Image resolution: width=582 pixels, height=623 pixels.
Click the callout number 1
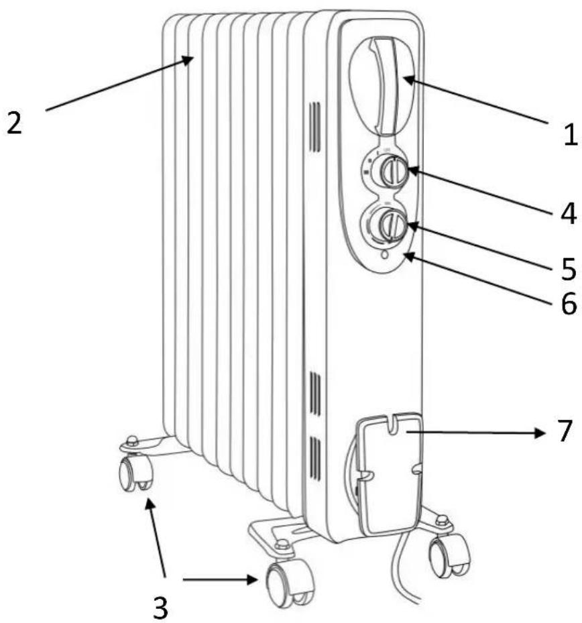[x=571, y=134]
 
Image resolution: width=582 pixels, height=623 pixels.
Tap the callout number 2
[x=14, y=123]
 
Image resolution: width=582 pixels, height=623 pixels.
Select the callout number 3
[x=160, y=607]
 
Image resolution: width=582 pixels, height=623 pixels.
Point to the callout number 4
[x=568, y=213]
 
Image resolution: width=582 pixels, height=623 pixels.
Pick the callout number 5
[x=569, y=269]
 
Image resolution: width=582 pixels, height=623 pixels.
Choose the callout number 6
[x=569, y=304]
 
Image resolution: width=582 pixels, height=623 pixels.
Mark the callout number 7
[x=565, y=431]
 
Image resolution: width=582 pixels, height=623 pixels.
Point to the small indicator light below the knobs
[x=384, y=254]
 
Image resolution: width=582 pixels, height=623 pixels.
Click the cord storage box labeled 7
[x=388, y=473]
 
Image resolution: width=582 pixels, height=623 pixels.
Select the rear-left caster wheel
[x=134, y=473]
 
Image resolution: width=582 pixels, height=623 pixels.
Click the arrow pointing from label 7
[x=475, y=432]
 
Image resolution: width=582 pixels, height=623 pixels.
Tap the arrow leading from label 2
[x=120, y=83]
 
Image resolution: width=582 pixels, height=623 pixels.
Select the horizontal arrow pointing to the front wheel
[x=221, y=579]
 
